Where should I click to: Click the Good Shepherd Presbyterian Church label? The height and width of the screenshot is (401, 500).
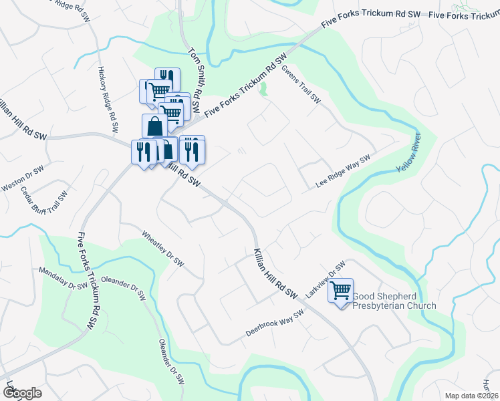click(394, 301)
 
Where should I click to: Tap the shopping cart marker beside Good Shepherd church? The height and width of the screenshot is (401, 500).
click(341, 291)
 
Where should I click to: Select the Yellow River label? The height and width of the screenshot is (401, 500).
click(411, 153)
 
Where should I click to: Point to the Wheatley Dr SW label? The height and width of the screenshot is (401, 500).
click(162, 249)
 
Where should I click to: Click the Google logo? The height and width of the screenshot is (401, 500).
click(22, 393)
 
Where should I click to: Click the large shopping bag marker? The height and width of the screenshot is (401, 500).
click(154, 125)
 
